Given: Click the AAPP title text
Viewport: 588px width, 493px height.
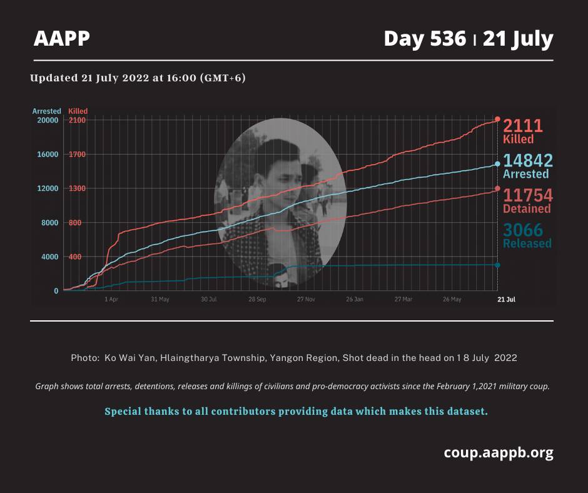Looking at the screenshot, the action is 62,38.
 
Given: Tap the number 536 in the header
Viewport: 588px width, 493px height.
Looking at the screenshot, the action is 448,39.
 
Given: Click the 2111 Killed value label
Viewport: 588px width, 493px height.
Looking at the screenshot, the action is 523,131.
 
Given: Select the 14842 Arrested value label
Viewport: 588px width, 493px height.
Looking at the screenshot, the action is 527,166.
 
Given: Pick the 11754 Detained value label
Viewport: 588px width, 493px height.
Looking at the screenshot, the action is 527,201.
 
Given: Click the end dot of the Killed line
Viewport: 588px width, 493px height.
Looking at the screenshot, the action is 498,119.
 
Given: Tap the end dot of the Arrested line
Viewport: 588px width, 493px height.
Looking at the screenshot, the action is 498,164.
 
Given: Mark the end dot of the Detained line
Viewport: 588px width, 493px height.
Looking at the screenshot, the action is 498,189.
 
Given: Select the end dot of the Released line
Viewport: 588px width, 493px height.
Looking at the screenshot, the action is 498,265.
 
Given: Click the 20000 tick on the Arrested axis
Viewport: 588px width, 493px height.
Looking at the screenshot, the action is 48,120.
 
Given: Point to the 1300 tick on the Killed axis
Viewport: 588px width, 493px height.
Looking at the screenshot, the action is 77,188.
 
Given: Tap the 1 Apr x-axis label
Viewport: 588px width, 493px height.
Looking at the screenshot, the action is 111,300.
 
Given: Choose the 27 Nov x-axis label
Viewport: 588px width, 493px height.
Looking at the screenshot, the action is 306,300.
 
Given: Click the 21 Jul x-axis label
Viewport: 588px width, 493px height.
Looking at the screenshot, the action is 506,300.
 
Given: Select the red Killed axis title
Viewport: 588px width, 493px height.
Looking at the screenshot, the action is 78,111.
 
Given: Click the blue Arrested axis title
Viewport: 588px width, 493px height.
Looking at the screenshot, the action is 46,111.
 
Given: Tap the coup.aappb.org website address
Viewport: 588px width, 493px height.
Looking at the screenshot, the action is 499,453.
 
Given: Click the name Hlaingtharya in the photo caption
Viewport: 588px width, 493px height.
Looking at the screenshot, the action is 189,358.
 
